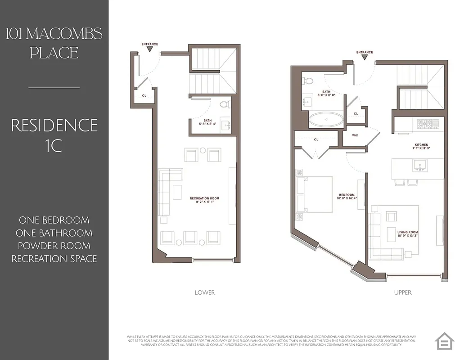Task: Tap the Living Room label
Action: (x=408, y=233)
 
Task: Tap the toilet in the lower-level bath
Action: (x=225, y=104)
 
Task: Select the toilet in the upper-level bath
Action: (x=308, y=81)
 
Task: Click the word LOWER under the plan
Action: (x=205, y=292)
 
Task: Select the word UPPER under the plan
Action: (x=402, y=292)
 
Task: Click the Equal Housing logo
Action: (x=445, y=341)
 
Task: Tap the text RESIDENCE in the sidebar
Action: (x=54, y=125)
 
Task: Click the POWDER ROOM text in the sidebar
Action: (x=54, y=246)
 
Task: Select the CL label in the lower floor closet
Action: (x=144, y=95)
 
